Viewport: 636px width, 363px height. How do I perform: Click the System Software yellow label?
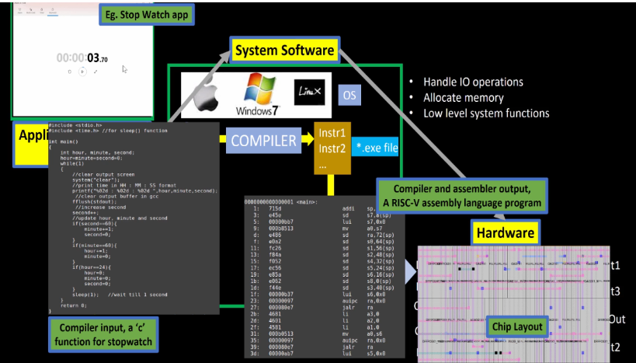click(x=284, y=51)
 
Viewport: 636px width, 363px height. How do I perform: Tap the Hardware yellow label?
click(x=505, y=232)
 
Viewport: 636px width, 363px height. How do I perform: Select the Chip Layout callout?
click(x=517, y=327)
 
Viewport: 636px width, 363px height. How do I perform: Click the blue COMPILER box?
click(x=263, y=141)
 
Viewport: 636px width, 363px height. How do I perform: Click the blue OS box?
click(x=350, y=95)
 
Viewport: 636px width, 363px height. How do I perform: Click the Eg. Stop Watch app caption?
click(x=147, y=15)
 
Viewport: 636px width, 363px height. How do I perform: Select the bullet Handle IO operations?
click(x=473, y=82)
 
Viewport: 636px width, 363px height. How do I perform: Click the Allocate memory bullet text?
click(x=464, y=98)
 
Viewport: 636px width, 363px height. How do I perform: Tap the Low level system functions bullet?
click(x=486, y=113)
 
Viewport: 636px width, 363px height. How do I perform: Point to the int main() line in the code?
click(x=64, y=141)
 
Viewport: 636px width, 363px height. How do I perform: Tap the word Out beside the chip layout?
click(x=617, y=319)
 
